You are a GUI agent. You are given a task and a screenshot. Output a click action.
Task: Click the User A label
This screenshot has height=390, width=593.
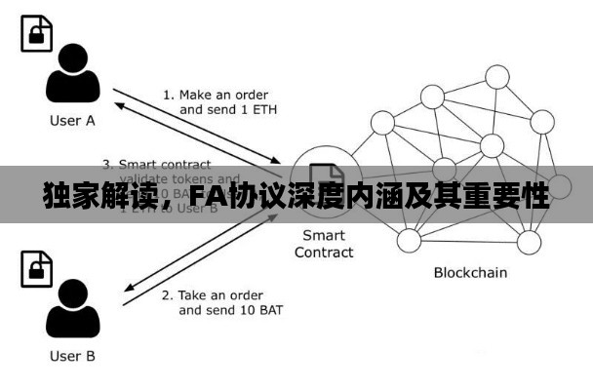72,121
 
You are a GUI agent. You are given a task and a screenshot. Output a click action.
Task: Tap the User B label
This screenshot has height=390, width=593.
72,356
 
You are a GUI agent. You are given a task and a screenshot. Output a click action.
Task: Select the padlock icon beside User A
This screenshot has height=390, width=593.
35,35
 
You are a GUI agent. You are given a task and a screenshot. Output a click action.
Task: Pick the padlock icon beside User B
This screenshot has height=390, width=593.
35,270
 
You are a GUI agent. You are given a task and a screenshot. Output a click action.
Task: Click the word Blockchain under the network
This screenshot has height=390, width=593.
470,272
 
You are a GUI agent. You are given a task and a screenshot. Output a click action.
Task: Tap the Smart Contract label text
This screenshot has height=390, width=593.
324,244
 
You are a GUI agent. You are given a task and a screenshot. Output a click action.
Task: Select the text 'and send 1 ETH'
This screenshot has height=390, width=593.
227,110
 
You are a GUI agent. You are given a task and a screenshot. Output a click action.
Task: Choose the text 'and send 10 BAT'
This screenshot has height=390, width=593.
231,310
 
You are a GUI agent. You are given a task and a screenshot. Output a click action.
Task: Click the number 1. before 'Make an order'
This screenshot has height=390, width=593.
168,95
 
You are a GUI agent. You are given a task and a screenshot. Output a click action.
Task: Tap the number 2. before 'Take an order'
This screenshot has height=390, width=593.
167,294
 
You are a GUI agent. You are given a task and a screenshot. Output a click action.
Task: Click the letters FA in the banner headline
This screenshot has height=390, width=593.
207,197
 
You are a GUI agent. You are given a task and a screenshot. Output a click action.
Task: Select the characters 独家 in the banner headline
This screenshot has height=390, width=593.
67,197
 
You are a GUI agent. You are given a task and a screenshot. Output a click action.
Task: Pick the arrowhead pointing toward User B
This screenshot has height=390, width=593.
131,290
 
